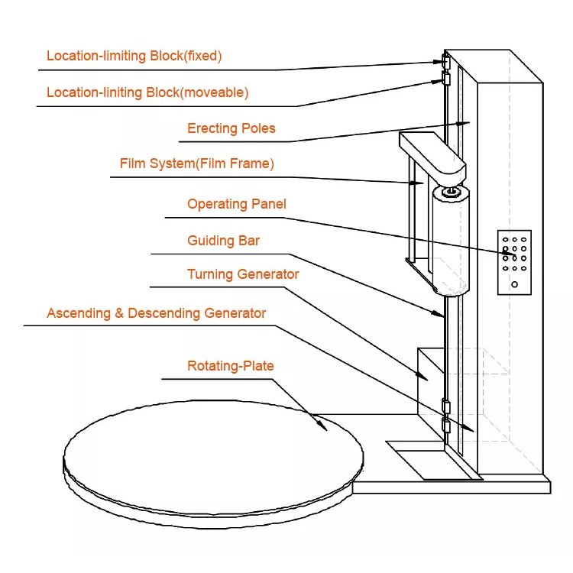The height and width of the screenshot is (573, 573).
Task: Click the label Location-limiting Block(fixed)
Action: click(x=134, y=56)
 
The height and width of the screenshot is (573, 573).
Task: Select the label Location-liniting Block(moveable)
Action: click(x=147, y=92)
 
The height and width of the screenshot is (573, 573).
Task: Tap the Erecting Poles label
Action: click(x=231, y=128)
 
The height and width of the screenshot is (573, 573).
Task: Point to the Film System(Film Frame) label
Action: click(x=196, y=163)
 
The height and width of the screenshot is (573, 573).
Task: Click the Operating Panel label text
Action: click(x=236, y=204)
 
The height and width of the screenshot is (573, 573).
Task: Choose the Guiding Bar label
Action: click(x=223, y=241)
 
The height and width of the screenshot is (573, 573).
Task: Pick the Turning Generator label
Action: click(x=243, y=274)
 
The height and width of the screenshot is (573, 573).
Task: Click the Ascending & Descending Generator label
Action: click(x=156, y=313)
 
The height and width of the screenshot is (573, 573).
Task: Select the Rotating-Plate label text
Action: click(x=230, y=366)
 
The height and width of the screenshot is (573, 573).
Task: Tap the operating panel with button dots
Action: click(x=514, y=262)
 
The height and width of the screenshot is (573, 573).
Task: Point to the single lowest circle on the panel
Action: click(x=515, y=285)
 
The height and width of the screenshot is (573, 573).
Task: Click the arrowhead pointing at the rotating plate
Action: click(x=325, y=427)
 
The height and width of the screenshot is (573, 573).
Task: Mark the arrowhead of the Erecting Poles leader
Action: click(x=458, y=124)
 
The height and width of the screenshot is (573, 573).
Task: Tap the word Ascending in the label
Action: click(x=77, y=313)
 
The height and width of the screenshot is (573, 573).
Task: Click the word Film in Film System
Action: click(x=132, y=163)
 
